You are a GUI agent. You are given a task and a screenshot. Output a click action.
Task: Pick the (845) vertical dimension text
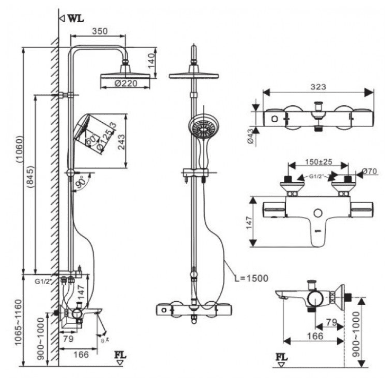point(31,183)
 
